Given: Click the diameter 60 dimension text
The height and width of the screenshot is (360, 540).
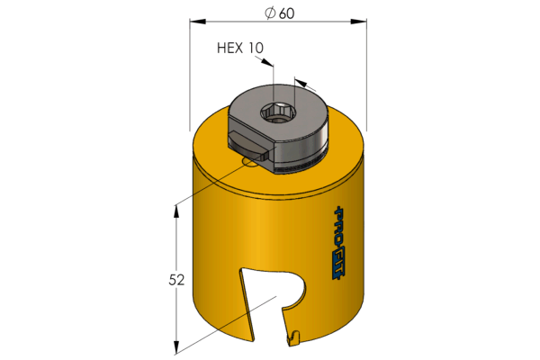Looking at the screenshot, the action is pyautogui.click(x=280, y=13).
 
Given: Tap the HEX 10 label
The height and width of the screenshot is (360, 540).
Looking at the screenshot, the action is pyautogui.click(x=240, y=48).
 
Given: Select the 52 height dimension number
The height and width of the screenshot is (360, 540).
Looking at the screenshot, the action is pyautogui.click(x=176, y=280).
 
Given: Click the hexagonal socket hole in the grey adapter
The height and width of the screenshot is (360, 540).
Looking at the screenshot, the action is pyautogui.click(x=277, y=112).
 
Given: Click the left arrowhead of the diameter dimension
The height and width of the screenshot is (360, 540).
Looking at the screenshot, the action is pyautogui.click(x=198, y=22).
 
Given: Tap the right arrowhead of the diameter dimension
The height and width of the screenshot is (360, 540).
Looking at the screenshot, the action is pyautogui.click(x=358, y=22).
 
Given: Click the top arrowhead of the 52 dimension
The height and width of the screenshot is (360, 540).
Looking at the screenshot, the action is pyautogui.click(x=176, y=211).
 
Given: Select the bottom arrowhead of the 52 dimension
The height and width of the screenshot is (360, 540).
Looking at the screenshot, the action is pyautogui.click(x=176, y=347).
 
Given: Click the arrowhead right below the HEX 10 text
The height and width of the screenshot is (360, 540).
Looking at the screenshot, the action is pyautogui.click(x=267, y=62).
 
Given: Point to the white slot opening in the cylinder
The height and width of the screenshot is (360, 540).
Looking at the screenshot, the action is pyautogui.click(x=269, y=303).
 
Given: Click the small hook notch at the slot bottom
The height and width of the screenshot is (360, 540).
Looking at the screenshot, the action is pyautogui.click(x=293, y=338).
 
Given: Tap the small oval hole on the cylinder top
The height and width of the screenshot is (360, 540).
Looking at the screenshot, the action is pyautogui.click(x=249, y=162).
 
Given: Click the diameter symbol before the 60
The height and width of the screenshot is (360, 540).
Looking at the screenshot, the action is pyautogui.click(x=270, y=13).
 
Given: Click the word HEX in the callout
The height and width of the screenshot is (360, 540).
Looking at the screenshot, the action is pyautogui.click(x=230, y=48).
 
